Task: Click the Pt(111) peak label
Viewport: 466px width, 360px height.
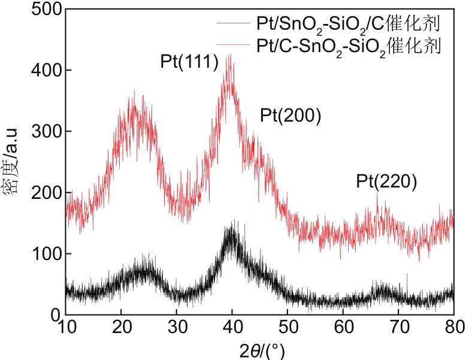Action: (189, 62)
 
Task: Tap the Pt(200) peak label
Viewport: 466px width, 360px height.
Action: (291, 116)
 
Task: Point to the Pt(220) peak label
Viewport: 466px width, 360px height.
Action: (386, 181)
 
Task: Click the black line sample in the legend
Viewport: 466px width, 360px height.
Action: (234, 25)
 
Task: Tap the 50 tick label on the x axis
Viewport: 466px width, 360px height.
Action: (288, 327)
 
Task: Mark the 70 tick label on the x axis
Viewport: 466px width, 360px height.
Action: (398, 327)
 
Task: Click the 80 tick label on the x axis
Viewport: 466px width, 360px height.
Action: (453, 327)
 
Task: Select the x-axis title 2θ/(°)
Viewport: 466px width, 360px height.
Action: (259, 349)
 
